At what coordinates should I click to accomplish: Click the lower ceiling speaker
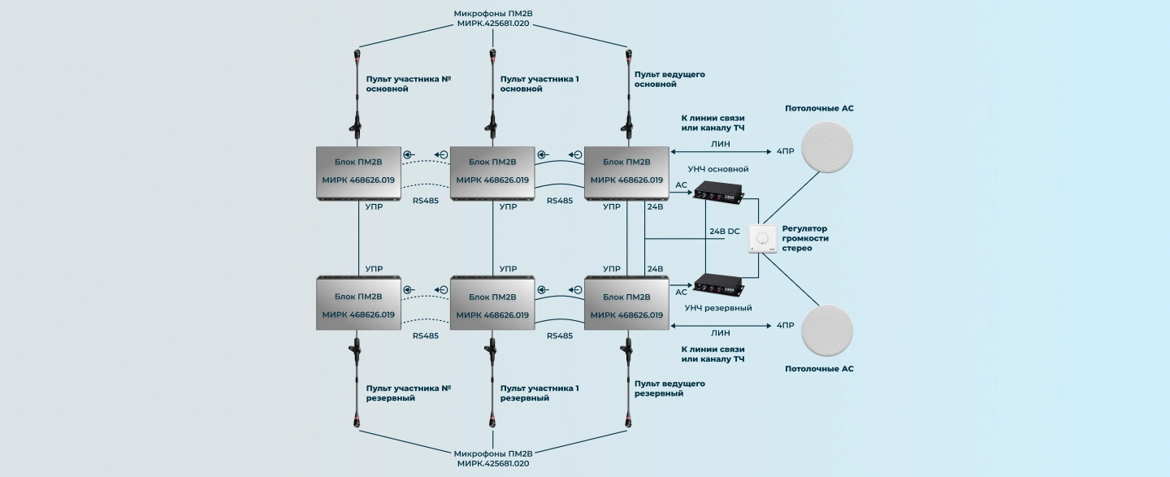coord(827,332)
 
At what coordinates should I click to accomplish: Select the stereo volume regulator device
coord(762,239)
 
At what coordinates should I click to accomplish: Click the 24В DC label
coord(724,231)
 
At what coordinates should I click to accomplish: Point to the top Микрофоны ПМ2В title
coord(493,18)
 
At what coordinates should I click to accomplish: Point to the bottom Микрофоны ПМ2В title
coord(493,457)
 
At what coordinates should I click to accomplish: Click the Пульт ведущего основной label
coord(669,80)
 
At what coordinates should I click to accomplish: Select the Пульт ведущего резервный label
coord(669,388)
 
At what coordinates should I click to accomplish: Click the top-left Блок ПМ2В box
coord(358,172)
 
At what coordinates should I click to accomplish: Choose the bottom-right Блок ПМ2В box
coord(626,302)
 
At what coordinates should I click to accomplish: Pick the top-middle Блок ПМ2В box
coord(492,172)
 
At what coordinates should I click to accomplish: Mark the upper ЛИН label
coord(720,144)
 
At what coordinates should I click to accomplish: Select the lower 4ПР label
coord(785,325)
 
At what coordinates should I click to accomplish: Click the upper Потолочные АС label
coord(819,108)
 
